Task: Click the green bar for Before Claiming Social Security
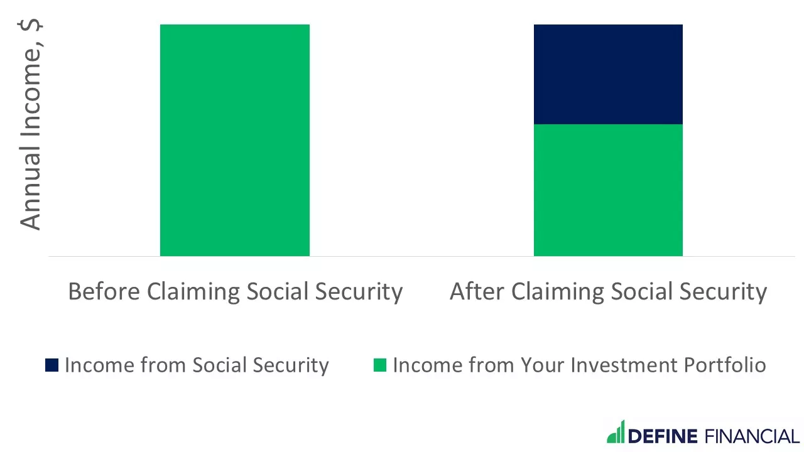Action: (x=234, y=140)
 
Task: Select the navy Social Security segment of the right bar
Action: (x=608, y=74)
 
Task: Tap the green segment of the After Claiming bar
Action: (x=608, y=190)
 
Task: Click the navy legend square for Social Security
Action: (x=52, y=365)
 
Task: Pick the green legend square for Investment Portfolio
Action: (x=379, y=365)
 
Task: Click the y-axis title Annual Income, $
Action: (x=30, y=126)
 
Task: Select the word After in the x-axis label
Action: (x=477, y=292)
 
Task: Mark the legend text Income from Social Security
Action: (x=197, y=365)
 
